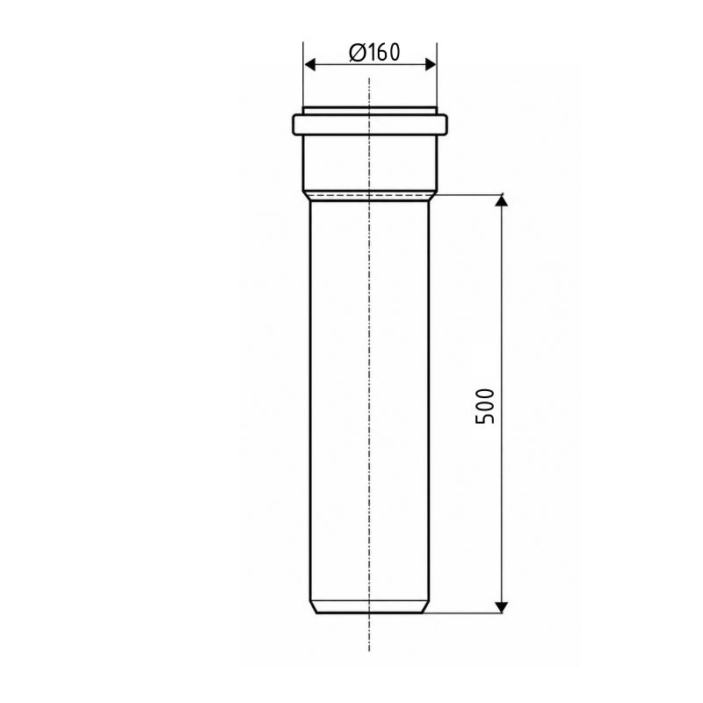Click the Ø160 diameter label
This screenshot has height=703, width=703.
[x=374, y=53]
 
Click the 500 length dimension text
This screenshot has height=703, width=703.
[x=485, y=406]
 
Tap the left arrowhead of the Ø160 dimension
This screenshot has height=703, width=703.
[x=310, y=64]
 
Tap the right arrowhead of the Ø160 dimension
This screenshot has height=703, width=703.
[x=430, y=64]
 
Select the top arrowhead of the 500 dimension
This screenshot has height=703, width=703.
[x=501, y=200]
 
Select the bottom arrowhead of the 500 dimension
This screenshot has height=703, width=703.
[x=501, y=607]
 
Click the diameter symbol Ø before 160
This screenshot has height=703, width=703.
[x=357, y=53]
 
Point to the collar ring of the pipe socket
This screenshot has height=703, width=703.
[x=370, y=125]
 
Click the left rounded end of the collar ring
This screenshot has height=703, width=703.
[x=294, y=125]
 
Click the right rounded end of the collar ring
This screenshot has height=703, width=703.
[x=446, y=125]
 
